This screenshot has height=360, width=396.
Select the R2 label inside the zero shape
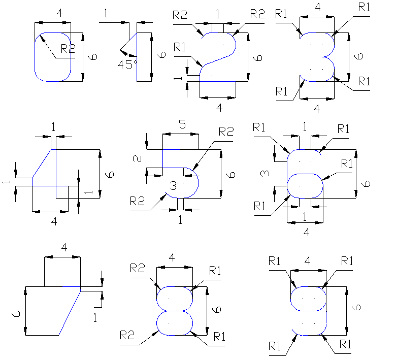(68, 49)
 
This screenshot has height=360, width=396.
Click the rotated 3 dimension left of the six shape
(264, 174)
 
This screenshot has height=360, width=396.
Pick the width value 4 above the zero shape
(60, 13)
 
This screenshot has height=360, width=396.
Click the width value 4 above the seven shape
(64, 247)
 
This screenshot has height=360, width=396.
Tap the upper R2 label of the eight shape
(138, 268)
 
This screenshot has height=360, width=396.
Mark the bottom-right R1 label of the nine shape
(345, 344)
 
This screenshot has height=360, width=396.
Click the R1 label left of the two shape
(180, 47)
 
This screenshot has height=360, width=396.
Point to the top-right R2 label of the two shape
(257, 14)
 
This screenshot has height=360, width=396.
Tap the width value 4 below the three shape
(317, 108)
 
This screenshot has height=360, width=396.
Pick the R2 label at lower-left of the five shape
(138, 201)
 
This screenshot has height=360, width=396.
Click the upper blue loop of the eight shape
(175, 298)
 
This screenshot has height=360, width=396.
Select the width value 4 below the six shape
(306, 232)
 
